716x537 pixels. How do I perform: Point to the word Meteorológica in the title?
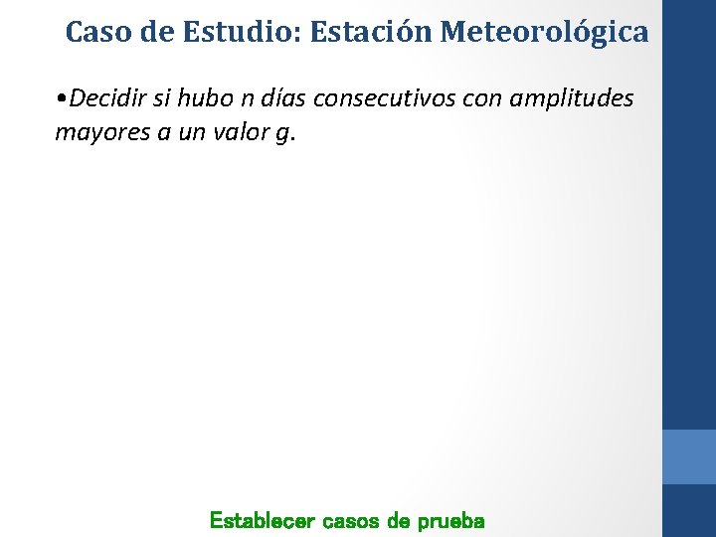tap(544, 32)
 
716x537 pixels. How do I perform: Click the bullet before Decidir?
tap(63, 99)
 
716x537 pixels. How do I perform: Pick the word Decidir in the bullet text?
tap(109, 99)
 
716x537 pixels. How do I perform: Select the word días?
tap(287, 99)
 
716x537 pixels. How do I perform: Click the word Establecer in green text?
tap(262, 520)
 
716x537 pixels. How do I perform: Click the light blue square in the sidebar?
tap(688, 456)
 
